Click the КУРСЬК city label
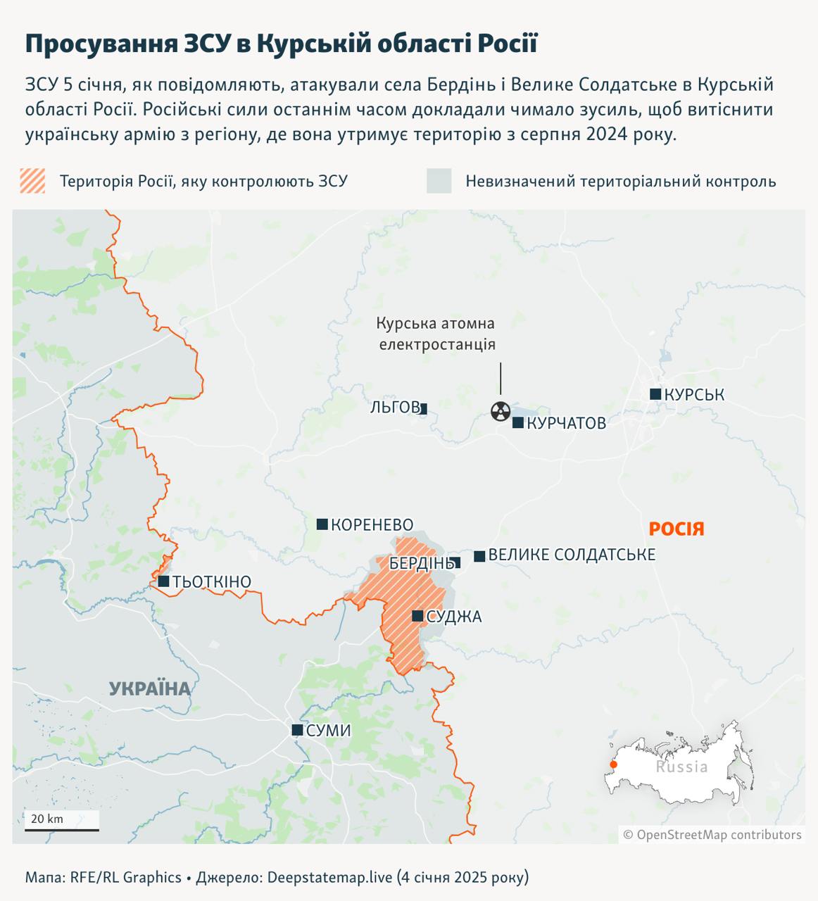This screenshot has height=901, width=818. click(x=694, y=395)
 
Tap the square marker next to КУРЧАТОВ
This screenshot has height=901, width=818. click(x=518, y=423)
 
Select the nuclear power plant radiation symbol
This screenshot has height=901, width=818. click(x=500, y=411)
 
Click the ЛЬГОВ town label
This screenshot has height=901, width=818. click(x=394, y=408)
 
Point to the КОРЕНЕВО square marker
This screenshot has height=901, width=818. click(x=322, y=524)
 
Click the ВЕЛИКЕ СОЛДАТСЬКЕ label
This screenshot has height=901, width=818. click(x=572, y=555)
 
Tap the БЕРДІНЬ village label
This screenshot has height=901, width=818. click(x=420, y=563)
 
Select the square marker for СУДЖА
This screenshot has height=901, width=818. click(x=417, y=616)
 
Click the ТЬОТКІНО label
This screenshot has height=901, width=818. click(x=212, y=581)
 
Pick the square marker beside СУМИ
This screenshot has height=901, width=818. click(x=298, y=730)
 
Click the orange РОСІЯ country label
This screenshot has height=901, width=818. click(x=677, y=529)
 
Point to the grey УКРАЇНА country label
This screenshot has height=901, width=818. click(x=150, y=688)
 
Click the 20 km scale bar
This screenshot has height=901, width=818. click(x=62, y=828)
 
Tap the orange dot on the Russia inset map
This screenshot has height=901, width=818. click(x=613, y=764)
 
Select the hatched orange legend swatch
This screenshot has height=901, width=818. click(x=32, y=181)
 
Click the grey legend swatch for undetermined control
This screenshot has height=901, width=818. click(x=439, y=181)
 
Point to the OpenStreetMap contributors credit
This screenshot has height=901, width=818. click(x=712, y=835)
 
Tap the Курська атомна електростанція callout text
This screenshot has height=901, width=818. click(x=436, y=334)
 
